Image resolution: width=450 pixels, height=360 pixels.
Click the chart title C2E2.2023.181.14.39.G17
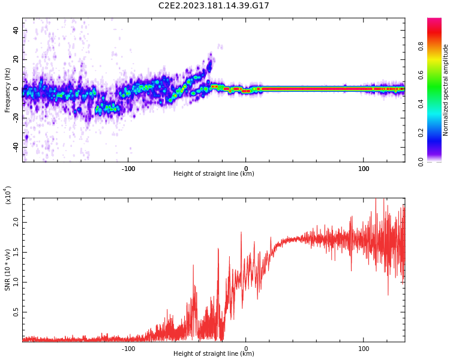(x=214, y=5)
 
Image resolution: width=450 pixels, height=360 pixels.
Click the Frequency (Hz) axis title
(x=8, y=89)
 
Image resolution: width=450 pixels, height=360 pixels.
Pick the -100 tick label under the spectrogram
(x=128, y=169)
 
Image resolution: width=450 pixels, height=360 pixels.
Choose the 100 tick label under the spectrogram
(x=364, y=169)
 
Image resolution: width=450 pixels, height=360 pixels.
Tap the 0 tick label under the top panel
(x=246, y=169)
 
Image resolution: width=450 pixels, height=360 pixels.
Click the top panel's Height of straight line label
(x=214, y=174)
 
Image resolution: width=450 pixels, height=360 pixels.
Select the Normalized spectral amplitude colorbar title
(x=446, y=90)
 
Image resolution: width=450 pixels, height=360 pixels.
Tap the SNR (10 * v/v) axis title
(x=8, y=270)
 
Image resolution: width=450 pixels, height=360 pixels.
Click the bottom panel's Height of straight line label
(x=214, y=354)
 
